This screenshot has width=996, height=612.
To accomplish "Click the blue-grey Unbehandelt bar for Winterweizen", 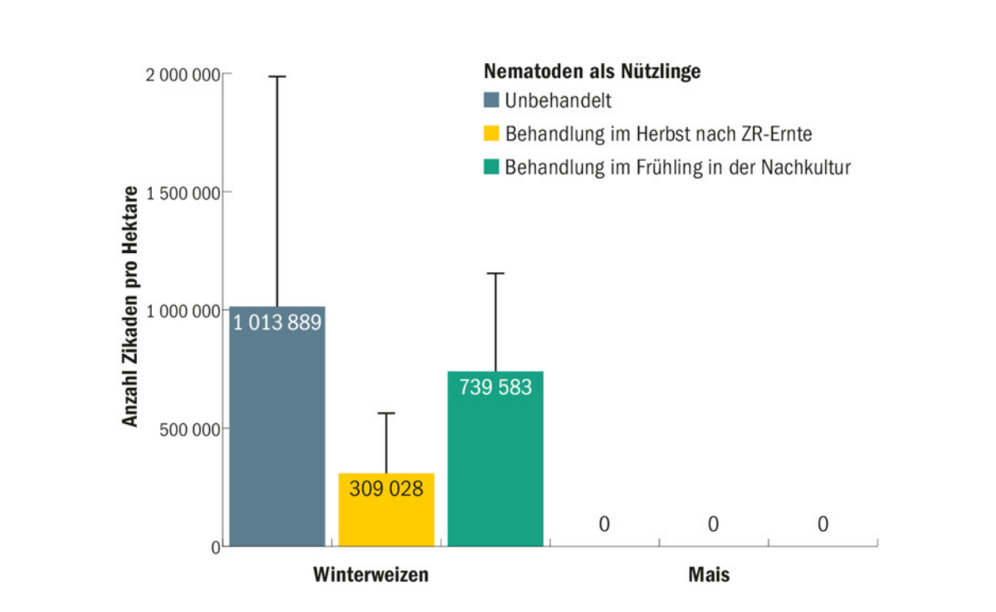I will pos(277,440).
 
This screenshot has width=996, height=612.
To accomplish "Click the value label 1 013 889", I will pos(277,323).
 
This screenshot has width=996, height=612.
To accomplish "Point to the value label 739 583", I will pos(495,387).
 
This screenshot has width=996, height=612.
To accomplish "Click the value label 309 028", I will pos(386,489).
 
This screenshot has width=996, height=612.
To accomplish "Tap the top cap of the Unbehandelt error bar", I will pos(277,76).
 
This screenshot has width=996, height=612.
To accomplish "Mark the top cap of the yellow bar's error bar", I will pos(386,413).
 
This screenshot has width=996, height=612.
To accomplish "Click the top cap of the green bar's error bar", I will pos(496,273).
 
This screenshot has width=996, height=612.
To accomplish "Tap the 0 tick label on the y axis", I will pos(215,546).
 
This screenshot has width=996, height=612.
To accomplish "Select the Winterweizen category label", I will pos(370,574).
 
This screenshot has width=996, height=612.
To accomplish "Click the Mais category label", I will pos(710,574).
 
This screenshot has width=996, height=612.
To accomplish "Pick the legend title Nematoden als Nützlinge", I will pos(592,71).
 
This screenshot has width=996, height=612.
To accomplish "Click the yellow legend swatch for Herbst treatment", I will pos(491,134).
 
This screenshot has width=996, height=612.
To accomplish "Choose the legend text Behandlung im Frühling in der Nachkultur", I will pos(678,167).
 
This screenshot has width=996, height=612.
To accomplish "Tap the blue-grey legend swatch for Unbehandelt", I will pos(491,101).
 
